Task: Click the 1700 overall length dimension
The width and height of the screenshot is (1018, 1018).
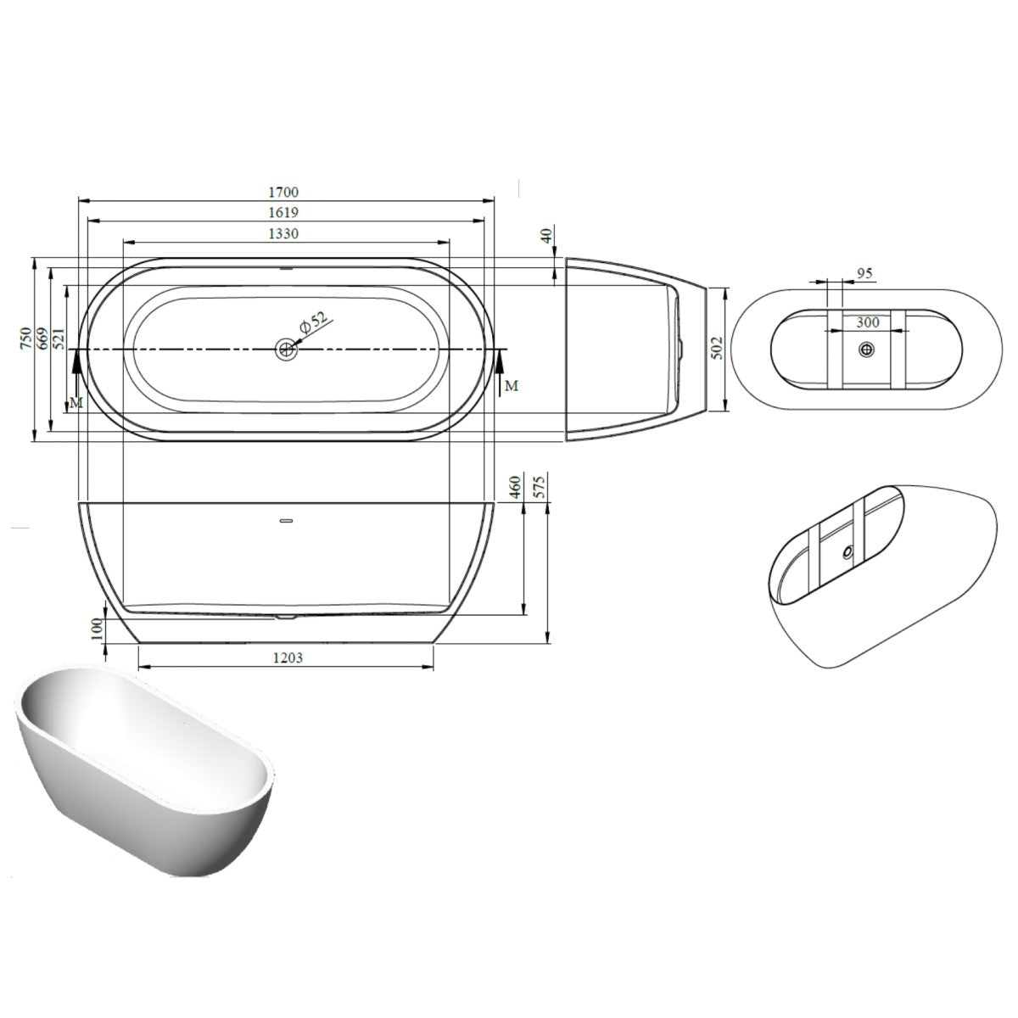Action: click(x=283, y=193)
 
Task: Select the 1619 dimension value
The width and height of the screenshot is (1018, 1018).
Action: click(x=283, y=212)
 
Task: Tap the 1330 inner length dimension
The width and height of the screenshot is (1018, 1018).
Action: click(x=283, y=233)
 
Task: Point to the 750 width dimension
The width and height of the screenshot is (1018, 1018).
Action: click(x=26, y=338)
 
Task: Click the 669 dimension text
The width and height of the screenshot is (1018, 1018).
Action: click(x=42, y=338)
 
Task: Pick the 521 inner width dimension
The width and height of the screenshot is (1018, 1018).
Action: click(x=59, y=338)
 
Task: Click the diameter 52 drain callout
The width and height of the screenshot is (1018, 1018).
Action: click(x=313, y=322)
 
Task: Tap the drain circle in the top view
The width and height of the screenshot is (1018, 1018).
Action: click(x=287, y=350)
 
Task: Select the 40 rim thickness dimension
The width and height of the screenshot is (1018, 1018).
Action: click(x=548, y=234)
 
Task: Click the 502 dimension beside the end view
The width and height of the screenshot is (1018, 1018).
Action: click(x=718, y=348)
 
